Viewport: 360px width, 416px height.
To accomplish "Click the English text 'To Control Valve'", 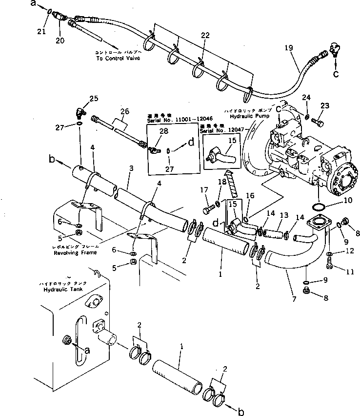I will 118,58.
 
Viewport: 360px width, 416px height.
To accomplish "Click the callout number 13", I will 283,215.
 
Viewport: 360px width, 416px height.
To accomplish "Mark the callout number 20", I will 60,41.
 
